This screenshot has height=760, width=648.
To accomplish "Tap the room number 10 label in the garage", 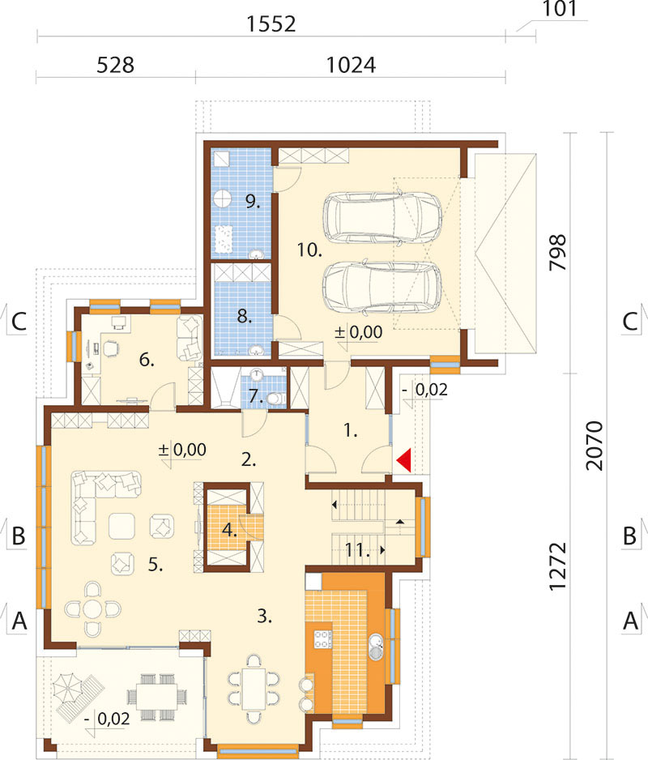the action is pyautogui.click(x=309, y=250).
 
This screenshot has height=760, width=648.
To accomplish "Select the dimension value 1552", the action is pyautogui.click(x=271, y=23).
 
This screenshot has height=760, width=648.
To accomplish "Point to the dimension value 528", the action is pyautogui.click(x=115, y=65).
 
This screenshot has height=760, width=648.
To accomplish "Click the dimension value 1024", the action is pyautogui.click(x=351, y=65).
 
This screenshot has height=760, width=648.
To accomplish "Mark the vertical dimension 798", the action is pyautogui.click(x=558, y=253).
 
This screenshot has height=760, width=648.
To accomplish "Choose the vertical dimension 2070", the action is pyautogui.click(x=595, y=446).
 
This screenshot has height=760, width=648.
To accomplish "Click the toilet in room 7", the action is pyautogui.click(x=275, y=399).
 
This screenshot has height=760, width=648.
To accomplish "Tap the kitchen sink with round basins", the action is pyautogui.click(x=376, y=647).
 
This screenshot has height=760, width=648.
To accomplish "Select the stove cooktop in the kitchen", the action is pyautogui.click(x=323, y=638).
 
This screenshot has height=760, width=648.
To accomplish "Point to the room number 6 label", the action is pyautogui.click(x=147, y=360).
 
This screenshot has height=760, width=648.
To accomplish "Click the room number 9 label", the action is pyautogui.click(x=253, y=201).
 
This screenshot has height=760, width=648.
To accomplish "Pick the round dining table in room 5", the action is pyautogui.click(x=92, y=608).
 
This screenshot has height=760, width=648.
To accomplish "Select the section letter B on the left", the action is pyautogui.click(x=19, y=536).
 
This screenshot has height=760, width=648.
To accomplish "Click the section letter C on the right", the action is pyautogui.click(x=629, y=321).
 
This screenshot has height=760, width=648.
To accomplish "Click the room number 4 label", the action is pyautogui.click(x=229, y=530).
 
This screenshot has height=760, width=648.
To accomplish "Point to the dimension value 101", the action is pyautogui.click(x=559, y=9).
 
